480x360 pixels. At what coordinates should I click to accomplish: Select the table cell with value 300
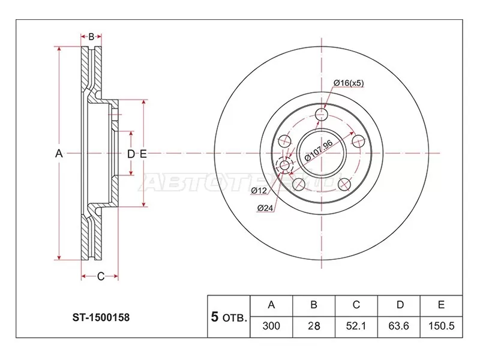(x=271, y=327)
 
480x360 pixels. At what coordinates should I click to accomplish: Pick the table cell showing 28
(x=313, y=327)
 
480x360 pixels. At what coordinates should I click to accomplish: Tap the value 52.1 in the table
(x=356, y=327)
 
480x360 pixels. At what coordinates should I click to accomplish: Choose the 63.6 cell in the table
(x=399, y=327)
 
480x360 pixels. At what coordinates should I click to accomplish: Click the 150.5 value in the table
(x=441, y=327)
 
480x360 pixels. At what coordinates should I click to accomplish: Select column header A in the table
(x=271, y=305)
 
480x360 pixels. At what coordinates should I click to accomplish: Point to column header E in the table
(x=441, y=305)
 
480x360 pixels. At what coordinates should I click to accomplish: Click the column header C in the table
(x=356, y=305)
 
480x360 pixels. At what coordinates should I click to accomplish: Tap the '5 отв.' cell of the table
(x=229, y=317)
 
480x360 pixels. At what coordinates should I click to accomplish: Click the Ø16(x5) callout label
(x=349, y=82)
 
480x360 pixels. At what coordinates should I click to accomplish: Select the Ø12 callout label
(x=259, y=191)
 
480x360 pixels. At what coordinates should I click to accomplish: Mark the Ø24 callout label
(x=265, y=208)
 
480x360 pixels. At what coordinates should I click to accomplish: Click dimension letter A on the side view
(x=59, y=154)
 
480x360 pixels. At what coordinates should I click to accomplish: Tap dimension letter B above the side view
(x=91, y=37)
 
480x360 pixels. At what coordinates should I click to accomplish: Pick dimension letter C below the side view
(x=100, y=276)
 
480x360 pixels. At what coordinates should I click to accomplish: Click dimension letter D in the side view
(x=130, y=154)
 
